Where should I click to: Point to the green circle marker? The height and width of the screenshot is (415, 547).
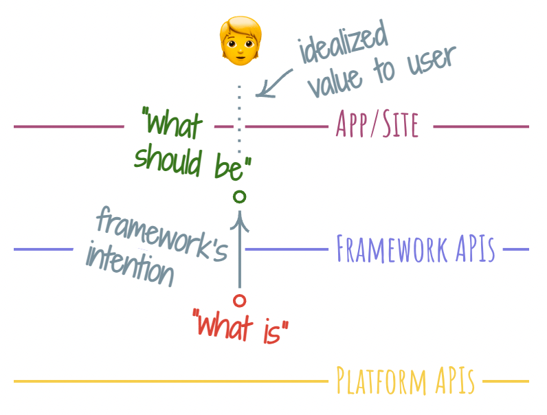(239, 197)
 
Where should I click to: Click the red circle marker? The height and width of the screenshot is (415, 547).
(239, 300)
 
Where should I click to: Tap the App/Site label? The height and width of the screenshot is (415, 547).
(377, 126)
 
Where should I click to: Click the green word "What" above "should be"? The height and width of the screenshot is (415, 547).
(172, 126)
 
